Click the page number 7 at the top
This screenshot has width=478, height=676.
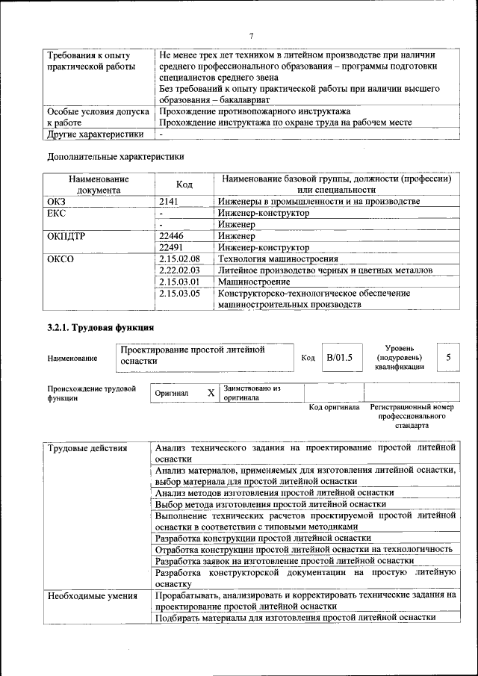click(x=252, y=37)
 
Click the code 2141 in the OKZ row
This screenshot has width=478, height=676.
click(x=171, y=202)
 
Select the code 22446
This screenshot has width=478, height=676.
click(x=172, y=236)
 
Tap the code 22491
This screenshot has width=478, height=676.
click(x=172, y=247)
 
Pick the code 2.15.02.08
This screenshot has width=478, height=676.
click(x=180, y=258)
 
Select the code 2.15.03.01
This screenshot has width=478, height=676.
click(x=180, y=282)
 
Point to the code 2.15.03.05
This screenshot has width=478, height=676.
click(x=180, y=294)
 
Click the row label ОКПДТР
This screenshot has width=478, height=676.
click(x=67, y=236)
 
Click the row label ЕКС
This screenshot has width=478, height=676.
click(x=57, y=213)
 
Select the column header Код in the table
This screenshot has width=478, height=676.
click(x=184, y=184)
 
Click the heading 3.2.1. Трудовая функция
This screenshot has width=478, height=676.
click(x=101, y=327)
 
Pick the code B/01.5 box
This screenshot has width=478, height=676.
click(x=339, y=357)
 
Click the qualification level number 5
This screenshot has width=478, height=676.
click(x=448, y=357)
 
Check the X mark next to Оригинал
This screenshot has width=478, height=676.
click(x=211, y=392)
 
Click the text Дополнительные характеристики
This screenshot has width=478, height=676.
click(x=115, y=157)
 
